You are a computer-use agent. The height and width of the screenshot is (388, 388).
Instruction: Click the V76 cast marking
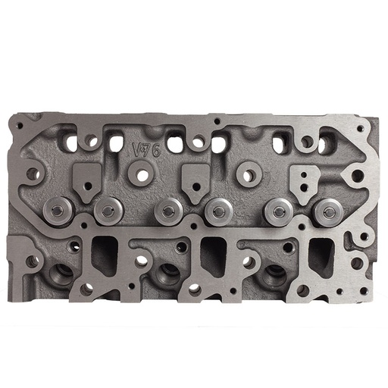pyautogui.click(x=146, y=149)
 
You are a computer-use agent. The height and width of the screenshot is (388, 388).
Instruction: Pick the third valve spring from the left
pyautogui.click(x=167, y=211)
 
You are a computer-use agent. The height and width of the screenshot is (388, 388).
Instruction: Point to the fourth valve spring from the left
pyautogui.click(x=218, y=211)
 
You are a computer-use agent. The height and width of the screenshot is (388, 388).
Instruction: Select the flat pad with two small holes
pyautogui.click(x=305, y=180)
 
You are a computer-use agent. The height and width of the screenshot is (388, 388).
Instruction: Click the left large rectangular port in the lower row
pyautogui.click(x=104, y=255)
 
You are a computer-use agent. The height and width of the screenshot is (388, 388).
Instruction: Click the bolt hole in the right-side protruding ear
pyautogui.click(x=357, y=177)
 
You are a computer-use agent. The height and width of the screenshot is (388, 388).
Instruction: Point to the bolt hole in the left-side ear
pyautogui.click(x=33, y=174)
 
